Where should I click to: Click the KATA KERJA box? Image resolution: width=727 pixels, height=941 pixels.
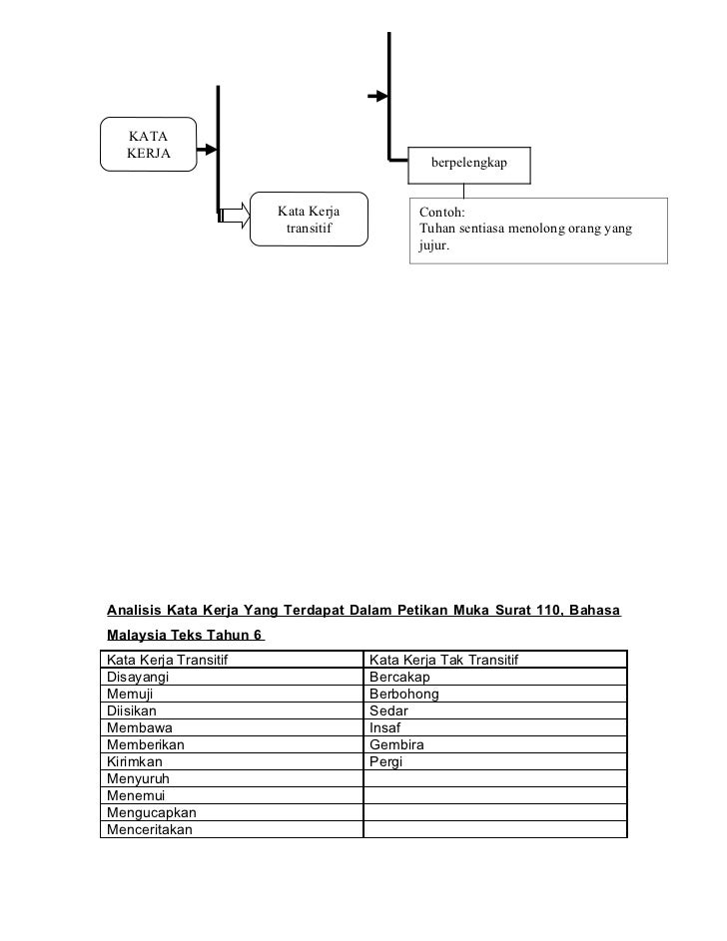(148, 144)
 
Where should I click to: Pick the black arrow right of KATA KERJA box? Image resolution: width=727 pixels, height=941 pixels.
(207, 151)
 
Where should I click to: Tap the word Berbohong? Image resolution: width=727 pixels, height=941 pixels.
(404, 695)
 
